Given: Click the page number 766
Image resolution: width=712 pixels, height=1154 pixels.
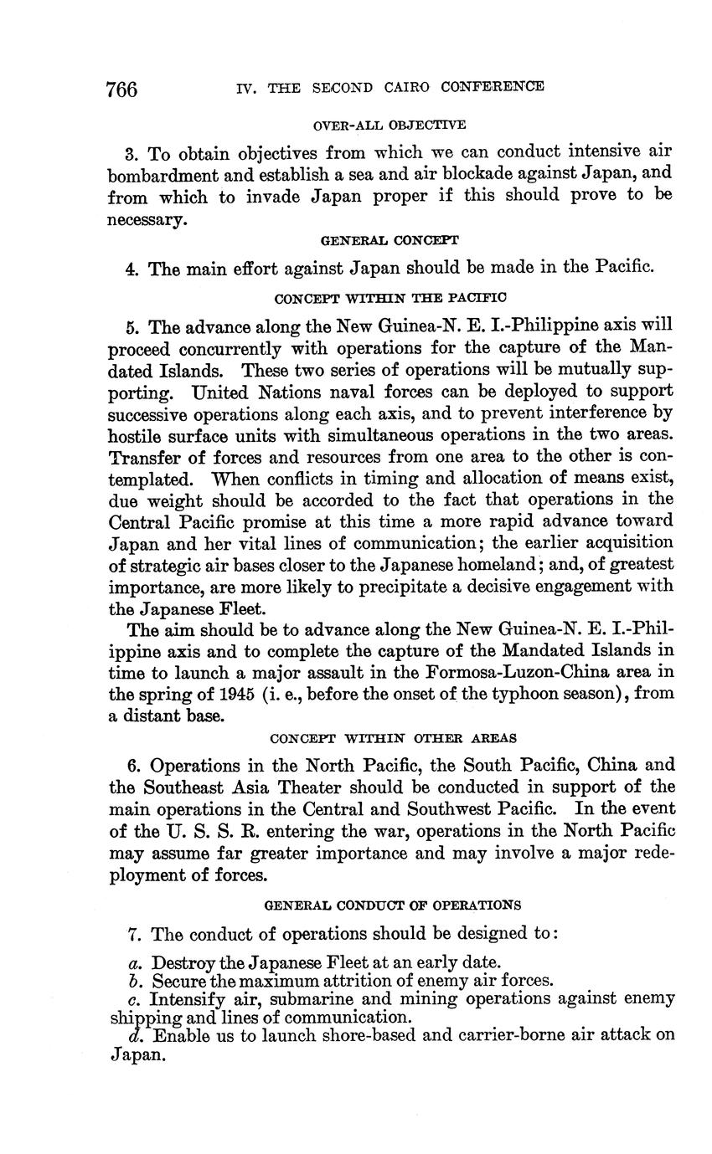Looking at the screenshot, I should point(121,89).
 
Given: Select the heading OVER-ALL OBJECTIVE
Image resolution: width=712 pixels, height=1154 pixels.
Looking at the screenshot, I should point(389,126).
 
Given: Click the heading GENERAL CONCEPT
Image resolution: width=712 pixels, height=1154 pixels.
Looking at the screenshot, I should point(390,240).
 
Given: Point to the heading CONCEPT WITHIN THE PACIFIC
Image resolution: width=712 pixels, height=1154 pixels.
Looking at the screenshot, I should point(390,297).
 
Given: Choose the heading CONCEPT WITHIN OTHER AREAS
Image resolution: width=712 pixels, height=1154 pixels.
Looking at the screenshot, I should point(393,738).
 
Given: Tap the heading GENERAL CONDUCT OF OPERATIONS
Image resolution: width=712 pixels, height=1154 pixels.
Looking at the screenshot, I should point(392,905).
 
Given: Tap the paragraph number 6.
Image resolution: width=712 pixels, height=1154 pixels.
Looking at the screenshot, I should point(132,766).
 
